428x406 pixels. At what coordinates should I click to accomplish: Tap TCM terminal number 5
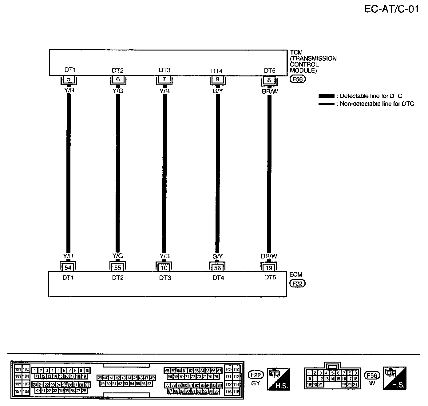69,79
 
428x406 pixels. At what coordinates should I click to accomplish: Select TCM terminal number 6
118,79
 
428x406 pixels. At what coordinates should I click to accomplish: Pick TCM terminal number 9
217,79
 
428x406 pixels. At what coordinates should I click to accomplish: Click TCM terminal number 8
269,80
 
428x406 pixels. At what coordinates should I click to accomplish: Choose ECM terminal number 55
117,268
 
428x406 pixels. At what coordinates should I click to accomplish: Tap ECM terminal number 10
164,268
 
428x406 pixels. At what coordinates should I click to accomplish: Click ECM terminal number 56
217,268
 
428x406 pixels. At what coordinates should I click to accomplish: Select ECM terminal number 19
268,268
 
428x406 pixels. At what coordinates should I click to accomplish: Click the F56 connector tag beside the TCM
297,79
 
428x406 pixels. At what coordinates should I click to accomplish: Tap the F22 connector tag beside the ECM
297,283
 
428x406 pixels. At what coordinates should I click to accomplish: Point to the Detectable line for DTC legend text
371,96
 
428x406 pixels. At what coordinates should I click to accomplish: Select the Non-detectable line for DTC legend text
377,104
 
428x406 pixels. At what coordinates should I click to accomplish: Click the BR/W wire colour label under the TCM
269,91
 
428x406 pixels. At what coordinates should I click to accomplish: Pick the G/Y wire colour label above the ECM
217,256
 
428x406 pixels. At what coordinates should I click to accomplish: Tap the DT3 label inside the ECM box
165,278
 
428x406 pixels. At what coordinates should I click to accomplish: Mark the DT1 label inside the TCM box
70,70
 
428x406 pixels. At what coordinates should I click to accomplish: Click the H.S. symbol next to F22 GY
278,379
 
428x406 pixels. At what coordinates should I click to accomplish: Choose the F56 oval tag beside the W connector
372,376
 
